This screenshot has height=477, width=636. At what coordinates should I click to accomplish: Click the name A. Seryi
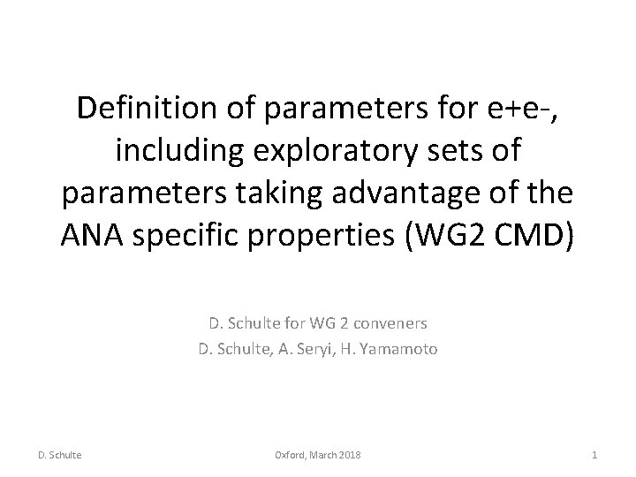coord(302,349)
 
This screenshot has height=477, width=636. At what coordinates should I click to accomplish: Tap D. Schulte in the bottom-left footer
coord(60,454)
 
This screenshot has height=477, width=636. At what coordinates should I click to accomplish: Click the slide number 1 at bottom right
coord(595,454)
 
